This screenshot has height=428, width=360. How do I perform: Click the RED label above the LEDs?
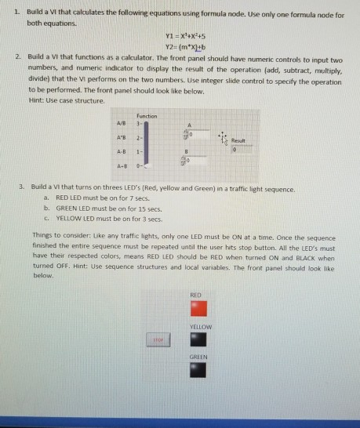coord(196,293)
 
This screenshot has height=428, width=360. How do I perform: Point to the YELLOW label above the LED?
coord(196,325)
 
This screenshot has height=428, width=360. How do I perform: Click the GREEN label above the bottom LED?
coord(196,357)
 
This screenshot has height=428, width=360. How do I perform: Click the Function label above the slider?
coord(146,115)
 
